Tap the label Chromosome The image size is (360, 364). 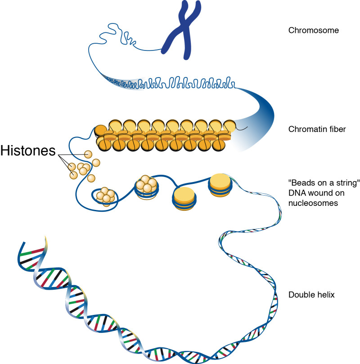click(313, 31)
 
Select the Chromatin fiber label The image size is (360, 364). click(317, 129)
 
